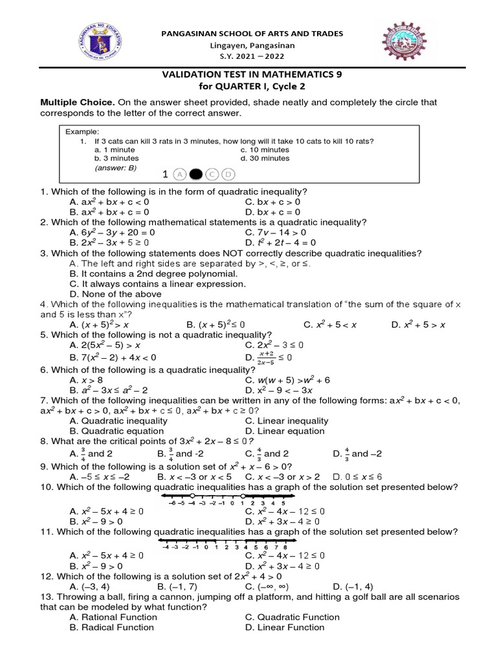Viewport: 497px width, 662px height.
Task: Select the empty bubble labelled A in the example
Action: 180,174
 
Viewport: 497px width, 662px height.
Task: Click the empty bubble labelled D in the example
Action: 228,174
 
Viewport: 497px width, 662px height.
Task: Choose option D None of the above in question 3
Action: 115,294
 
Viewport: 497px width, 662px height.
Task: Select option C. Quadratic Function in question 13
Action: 292,617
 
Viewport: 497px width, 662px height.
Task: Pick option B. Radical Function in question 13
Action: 112,627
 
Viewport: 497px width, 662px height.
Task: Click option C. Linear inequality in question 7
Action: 287,420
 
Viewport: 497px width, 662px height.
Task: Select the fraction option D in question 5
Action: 269,357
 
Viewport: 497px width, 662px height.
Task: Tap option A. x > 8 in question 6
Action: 88,379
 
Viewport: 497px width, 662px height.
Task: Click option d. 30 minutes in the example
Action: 265,158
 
